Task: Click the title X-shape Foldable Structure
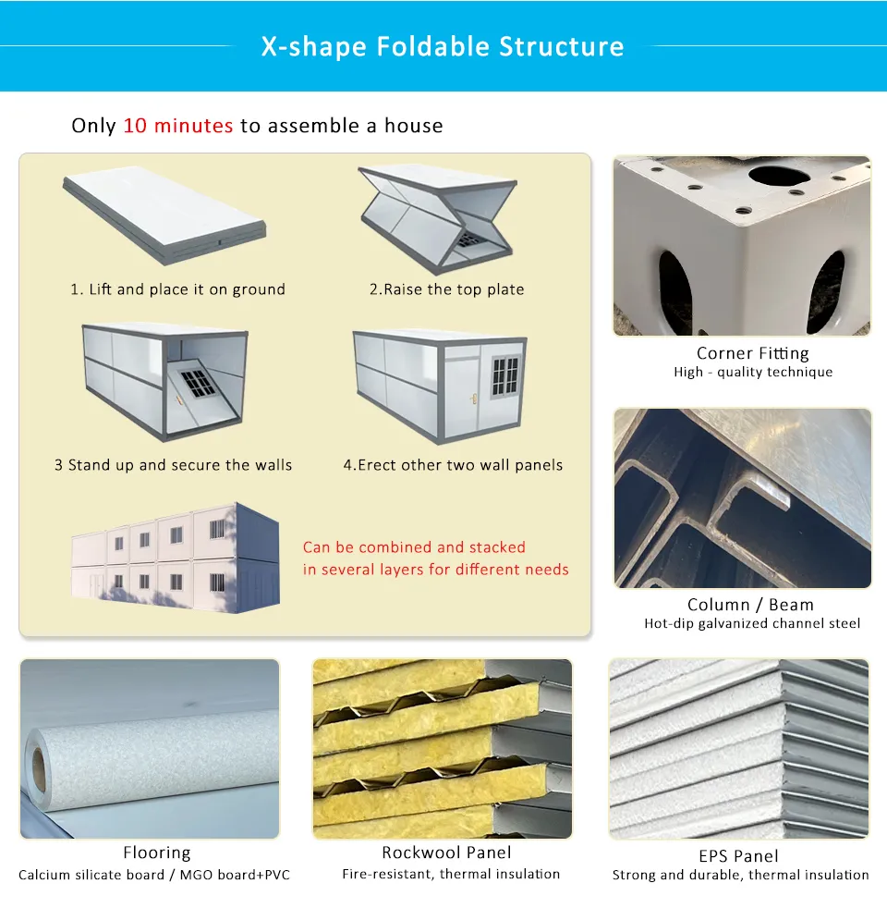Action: click(443, 46)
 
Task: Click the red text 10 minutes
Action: click(177, 126)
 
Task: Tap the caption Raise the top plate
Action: click(446, 289)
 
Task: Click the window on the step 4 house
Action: click(504, 374)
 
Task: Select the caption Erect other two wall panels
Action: click(453, 465)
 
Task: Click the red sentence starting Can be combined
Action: click(435, 558)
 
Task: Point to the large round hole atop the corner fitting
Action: click(779, 175)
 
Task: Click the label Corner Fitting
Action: click(752, 353)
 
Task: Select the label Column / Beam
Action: click(750, 605)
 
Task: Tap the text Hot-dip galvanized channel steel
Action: click(752, 624)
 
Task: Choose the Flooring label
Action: click(156, 853)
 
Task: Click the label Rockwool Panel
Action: click(446, 853)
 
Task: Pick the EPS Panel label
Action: click(738, 856)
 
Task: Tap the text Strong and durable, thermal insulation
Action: click(740, 875)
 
